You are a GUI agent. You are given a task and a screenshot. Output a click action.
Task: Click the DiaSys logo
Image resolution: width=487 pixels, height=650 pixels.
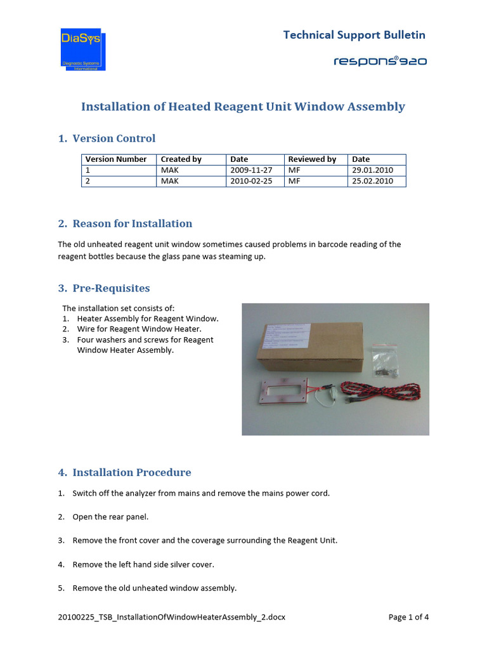[83, 49]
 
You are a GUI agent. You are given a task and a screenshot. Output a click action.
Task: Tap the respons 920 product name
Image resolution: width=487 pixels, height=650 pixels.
[380, 61]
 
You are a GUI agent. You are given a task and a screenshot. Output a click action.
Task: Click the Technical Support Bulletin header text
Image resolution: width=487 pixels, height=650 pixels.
[354, 35]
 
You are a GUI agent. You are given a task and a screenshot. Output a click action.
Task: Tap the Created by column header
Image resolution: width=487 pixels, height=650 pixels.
[181, 159]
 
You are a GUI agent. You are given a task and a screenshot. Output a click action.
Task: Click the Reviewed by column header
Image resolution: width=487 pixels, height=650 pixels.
[312, 159]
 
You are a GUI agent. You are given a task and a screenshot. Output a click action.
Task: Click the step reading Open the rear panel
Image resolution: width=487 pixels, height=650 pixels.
[110, 517]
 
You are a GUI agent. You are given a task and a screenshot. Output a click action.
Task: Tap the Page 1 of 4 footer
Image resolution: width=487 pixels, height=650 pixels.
[408, 616]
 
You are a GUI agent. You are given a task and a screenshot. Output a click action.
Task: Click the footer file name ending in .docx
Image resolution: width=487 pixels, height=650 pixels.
[167, 616]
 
